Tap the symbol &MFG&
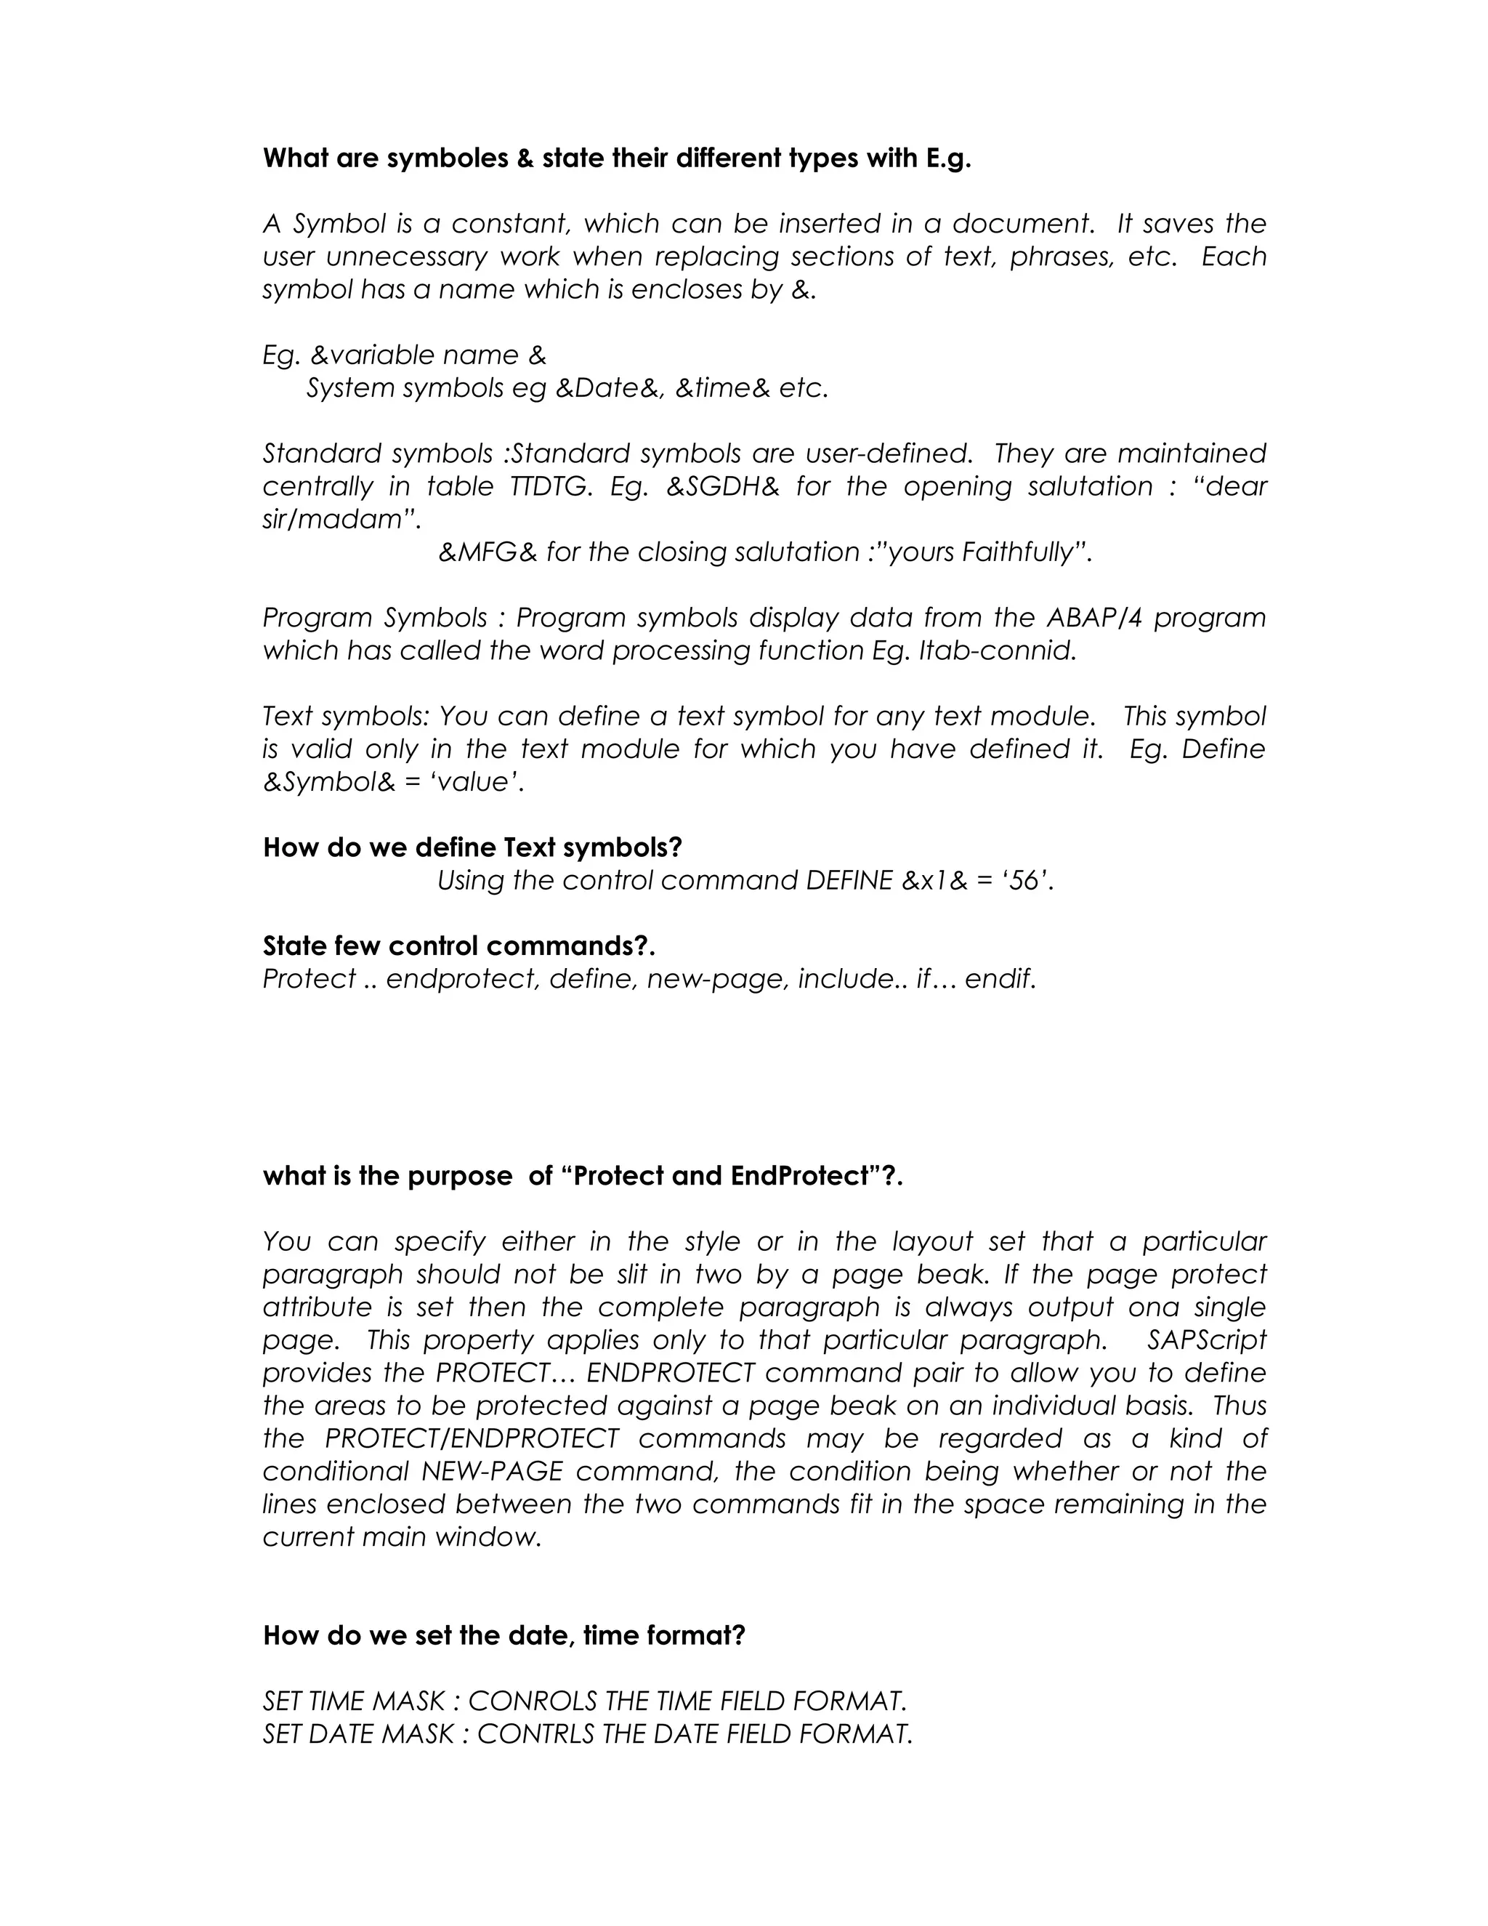click(488, 553)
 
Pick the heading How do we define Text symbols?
click(472, 848)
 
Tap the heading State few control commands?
click(458, 946)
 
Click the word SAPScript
click(1206, 1340)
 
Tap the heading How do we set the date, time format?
click(504, 1636)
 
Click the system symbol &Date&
click(609, 389)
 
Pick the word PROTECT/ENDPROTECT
click(472, 1439)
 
